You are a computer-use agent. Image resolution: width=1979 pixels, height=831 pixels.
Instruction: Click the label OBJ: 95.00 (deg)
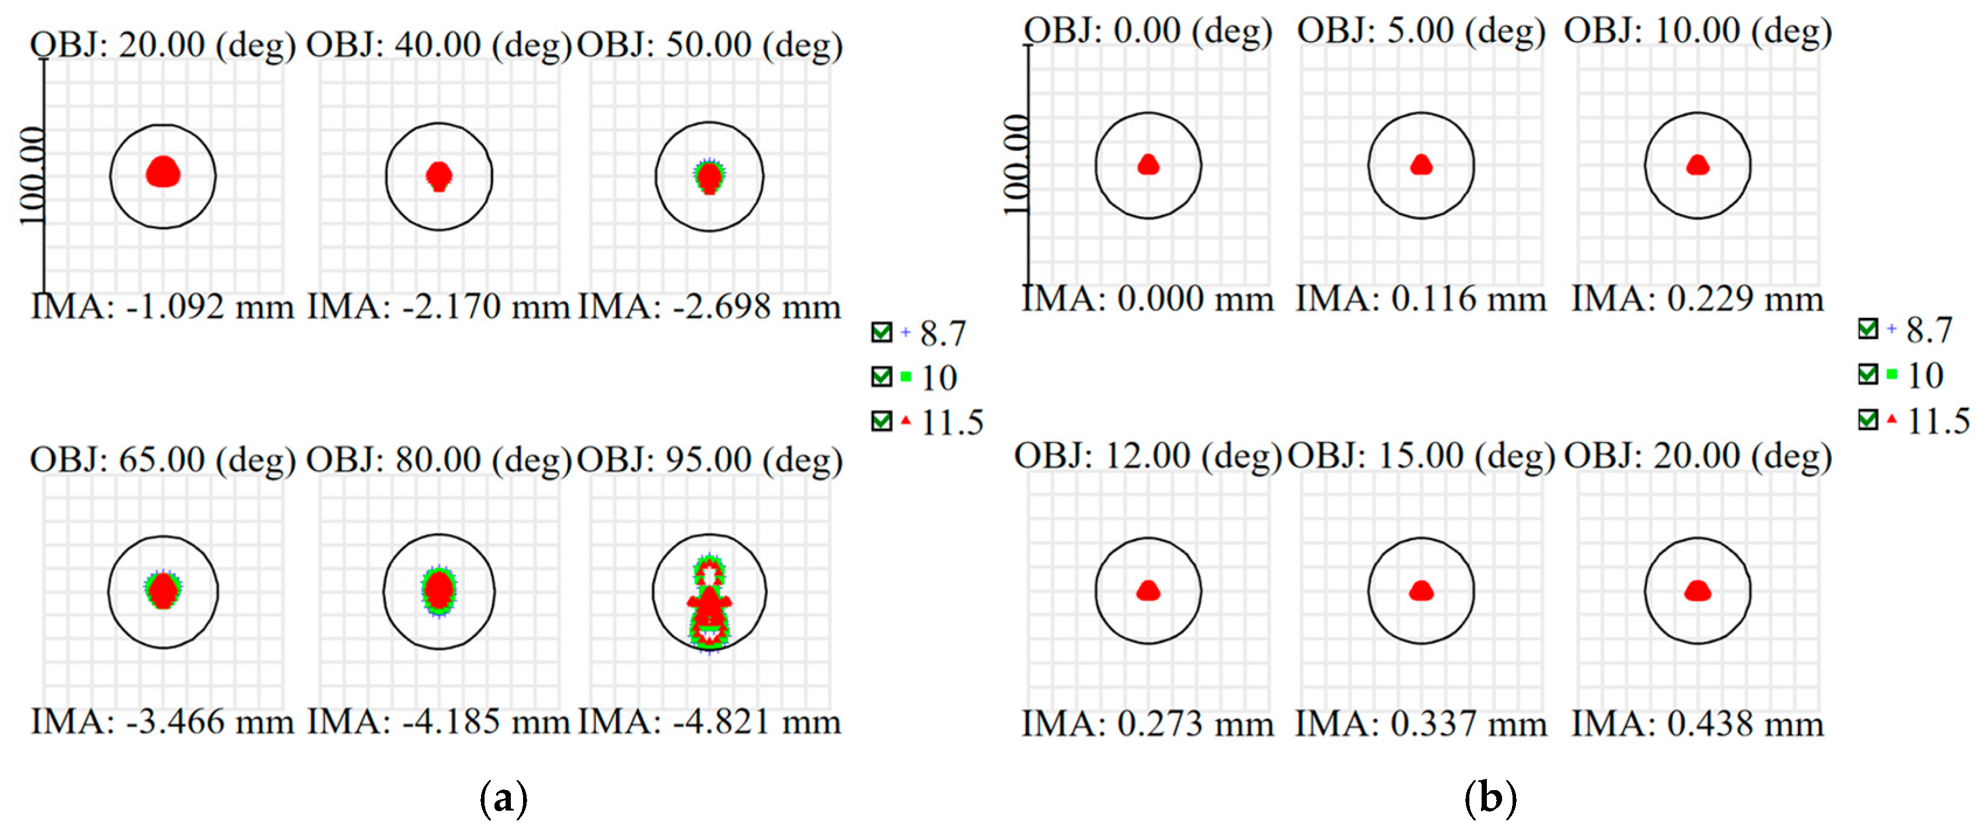point(709,460)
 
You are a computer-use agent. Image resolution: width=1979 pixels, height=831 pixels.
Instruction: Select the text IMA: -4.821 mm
point(709,722)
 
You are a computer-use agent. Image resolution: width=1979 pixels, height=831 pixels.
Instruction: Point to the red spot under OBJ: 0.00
point(1148,165)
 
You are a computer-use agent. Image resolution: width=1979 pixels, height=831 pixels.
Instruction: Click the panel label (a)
point(503,799)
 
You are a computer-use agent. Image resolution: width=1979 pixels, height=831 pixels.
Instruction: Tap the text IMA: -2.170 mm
point(438,307)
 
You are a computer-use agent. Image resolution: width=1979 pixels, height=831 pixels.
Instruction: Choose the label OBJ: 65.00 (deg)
point(163,460)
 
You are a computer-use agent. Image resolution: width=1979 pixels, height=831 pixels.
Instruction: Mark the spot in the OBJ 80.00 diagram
point(438,590)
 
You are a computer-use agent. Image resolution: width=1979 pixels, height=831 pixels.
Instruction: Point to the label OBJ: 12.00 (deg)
point(1148,456)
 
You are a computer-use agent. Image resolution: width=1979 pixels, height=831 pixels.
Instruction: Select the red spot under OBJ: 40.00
point(438,176)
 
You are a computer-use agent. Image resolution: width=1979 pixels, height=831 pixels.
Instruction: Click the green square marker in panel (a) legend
point(906,377)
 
